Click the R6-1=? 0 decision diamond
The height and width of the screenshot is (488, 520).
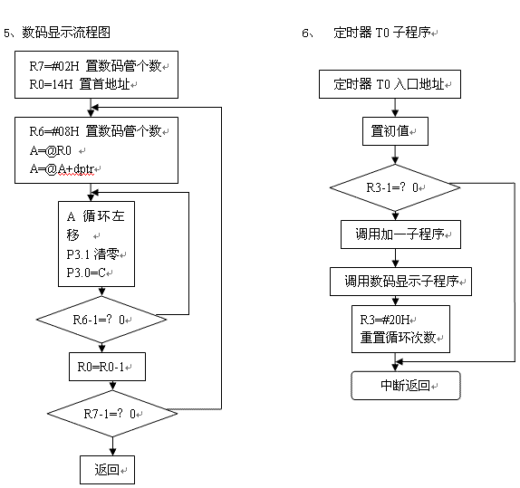(101, 320)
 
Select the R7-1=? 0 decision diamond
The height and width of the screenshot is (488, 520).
(112, 414)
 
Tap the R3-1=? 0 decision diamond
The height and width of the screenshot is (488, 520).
(395, 187)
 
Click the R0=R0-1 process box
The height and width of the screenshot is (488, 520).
(107, 367)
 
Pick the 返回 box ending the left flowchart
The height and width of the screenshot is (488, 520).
(107, 470)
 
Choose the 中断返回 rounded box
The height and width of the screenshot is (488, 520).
(406, 386)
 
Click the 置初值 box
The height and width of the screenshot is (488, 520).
(395, 131)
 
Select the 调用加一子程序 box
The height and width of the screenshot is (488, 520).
(400, 234)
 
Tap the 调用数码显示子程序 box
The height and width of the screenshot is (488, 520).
(400, 282)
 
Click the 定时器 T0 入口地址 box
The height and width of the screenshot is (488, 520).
(390, 84)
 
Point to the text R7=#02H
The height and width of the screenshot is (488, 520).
(54, 66)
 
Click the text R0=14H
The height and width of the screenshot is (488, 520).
(51, 84)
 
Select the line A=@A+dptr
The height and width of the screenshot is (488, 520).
(62, 169)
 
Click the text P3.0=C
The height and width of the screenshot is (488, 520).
(86, 273)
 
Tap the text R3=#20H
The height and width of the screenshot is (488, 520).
(385, 320)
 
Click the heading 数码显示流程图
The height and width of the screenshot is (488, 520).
(66, 33)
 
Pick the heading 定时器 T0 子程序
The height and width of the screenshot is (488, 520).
(382, 33)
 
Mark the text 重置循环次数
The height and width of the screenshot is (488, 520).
(398, 338)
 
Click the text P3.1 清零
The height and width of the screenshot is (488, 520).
(92, 254)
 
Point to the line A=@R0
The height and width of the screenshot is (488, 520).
(51, 150)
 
